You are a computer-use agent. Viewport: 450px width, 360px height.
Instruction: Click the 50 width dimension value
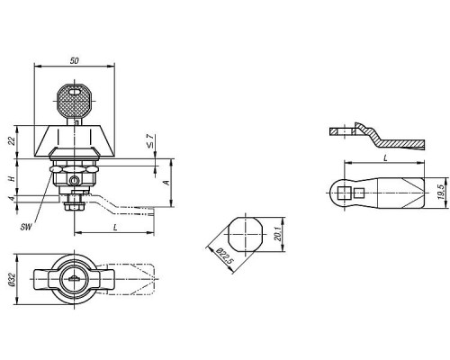click(74, 60)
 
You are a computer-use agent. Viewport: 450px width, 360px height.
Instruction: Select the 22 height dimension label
click(12, 140)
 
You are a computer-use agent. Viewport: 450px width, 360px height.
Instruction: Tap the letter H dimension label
click(12, 179)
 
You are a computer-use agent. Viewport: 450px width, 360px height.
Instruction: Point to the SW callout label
click(26, 227)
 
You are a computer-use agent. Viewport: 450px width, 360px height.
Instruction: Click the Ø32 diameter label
click(12, 279)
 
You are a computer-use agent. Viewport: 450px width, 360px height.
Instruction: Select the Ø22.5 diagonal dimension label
click(225, 256)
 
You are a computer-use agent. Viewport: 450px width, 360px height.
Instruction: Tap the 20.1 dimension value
click(278, 234)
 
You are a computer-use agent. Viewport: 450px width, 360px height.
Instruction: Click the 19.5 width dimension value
click(441, 192)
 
